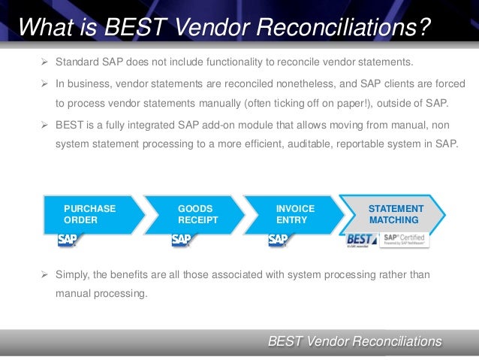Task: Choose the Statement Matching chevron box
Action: coord(394,213)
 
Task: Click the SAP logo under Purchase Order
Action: coord(68,241)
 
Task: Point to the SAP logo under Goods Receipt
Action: coord(182,241)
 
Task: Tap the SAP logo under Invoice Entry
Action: coord(279,241)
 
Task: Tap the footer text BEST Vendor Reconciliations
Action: coord(354,342)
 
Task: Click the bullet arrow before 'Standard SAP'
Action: coord(44,61)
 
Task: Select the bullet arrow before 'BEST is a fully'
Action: coord(44,123)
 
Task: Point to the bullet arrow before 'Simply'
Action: coord(44,274)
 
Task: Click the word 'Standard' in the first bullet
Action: coord(77,61)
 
